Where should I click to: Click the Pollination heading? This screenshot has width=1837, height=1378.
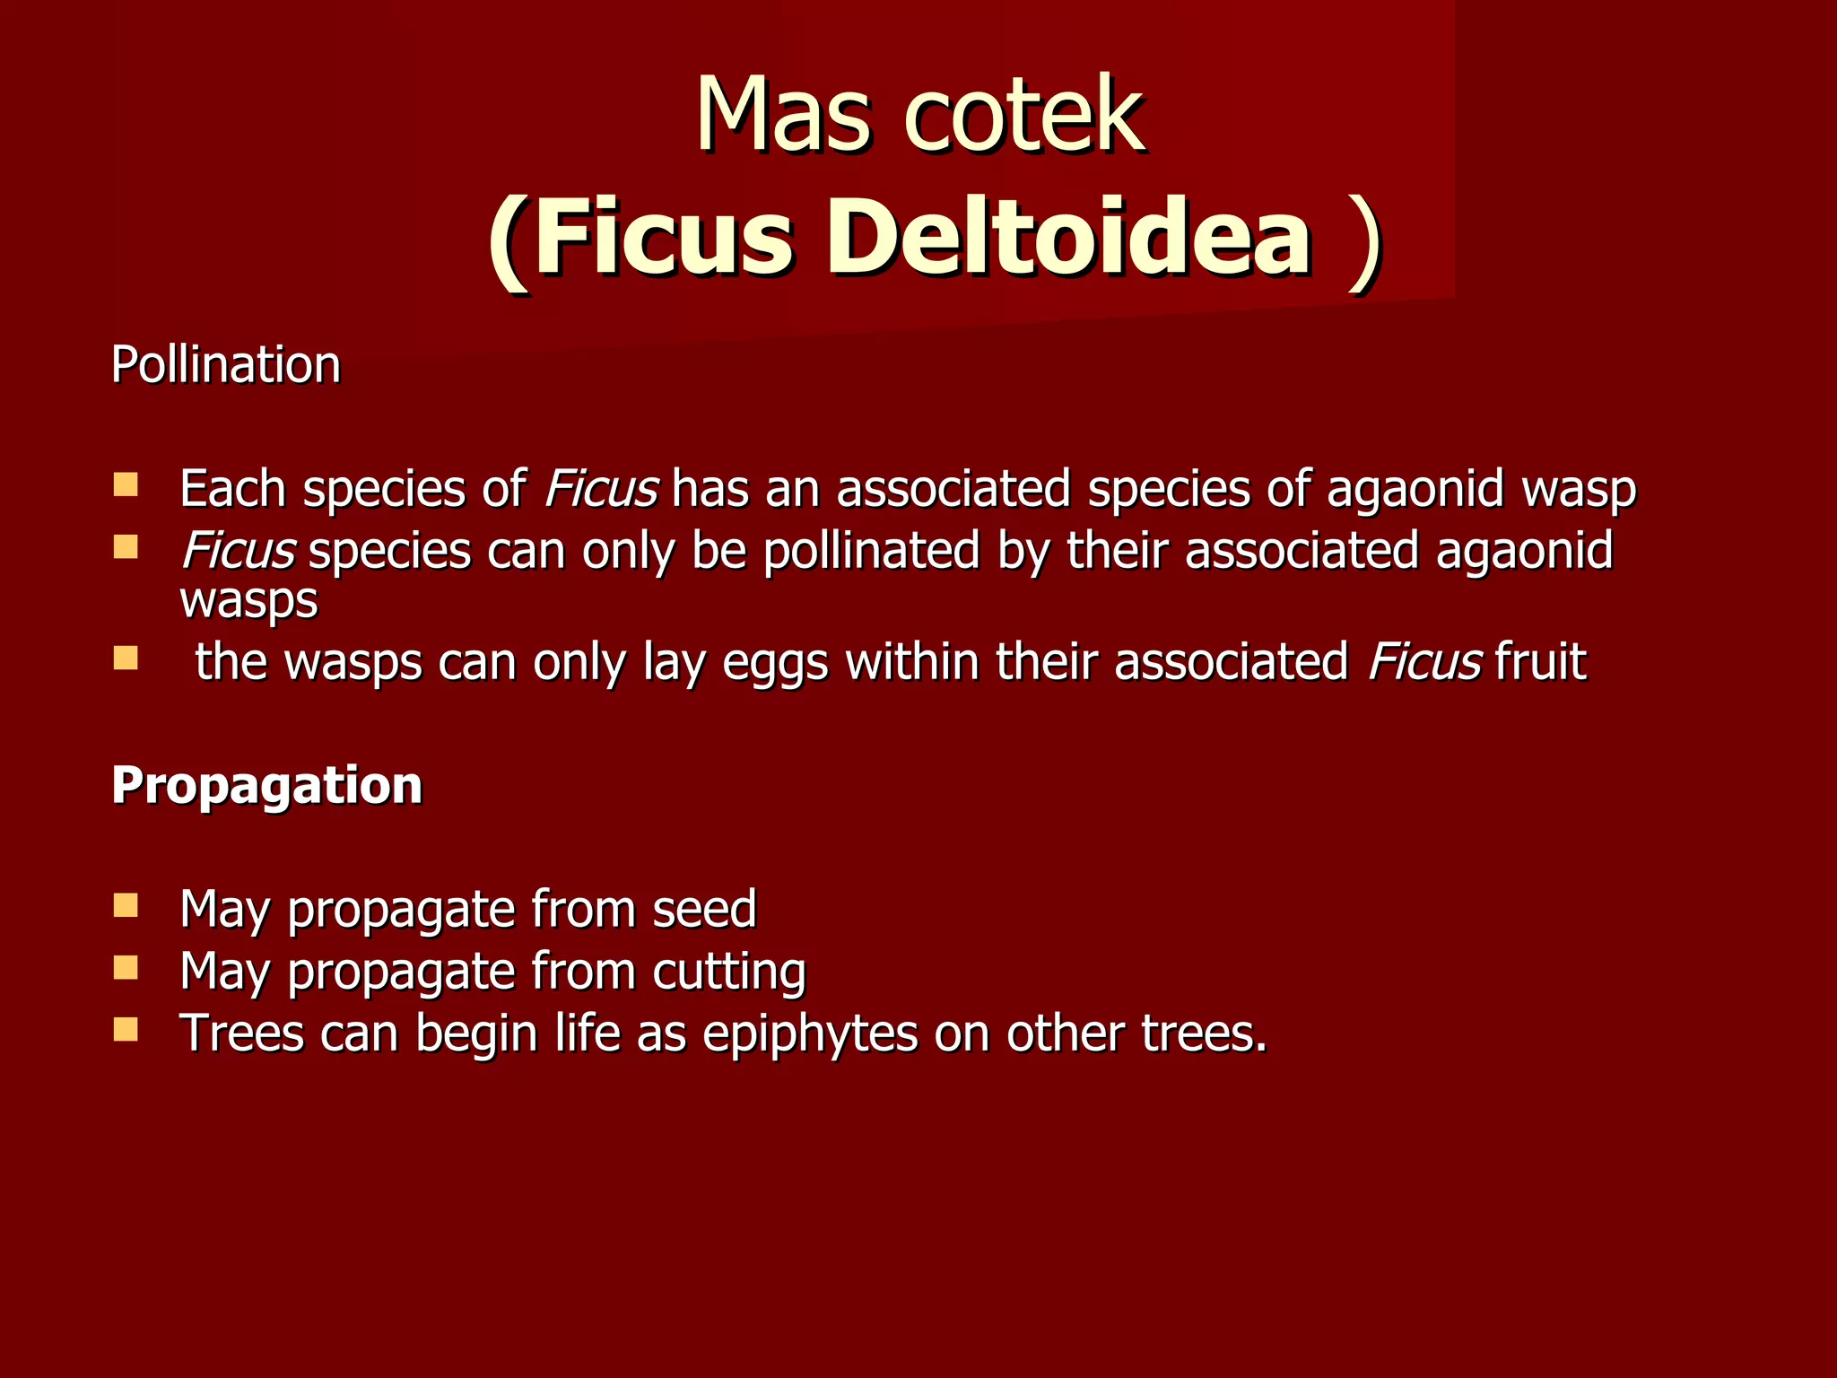tap(226, 365)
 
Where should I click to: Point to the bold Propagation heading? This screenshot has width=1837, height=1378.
tap(266, 785)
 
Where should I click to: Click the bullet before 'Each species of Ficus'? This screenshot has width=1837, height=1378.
tap(126, 486)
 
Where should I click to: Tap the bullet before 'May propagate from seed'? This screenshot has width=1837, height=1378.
tap(126, 905)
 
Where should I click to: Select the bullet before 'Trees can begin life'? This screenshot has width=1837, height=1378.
tap(126, 1029)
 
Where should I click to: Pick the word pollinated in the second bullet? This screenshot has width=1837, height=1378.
tap(871, 550)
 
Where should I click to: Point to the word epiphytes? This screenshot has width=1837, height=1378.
tap(810, 1033)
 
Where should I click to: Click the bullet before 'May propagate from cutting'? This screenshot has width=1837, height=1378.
tap(126, 967)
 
